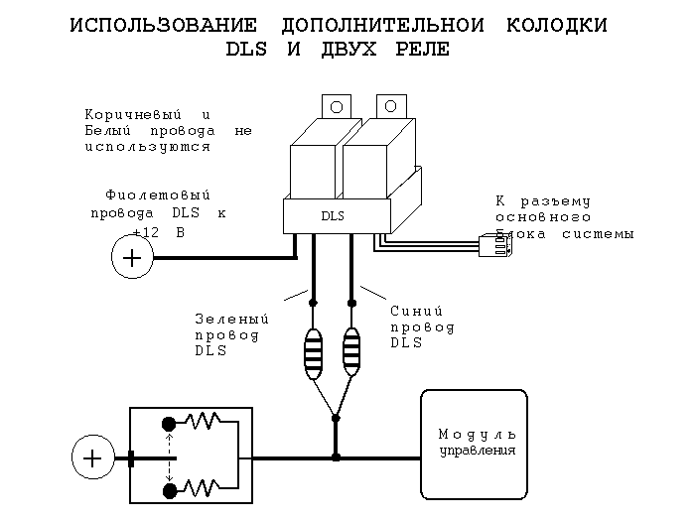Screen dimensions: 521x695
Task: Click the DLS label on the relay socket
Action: [333, 214]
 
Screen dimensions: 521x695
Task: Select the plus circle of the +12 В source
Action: [130, 259]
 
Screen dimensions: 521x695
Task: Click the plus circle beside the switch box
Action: [91, 458]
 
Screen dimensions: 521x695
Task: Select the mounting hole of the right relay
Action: [391, 106]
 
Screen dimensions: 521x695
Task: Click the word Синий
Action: [408, 310]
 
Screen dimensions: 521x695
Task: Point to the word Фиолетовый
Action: [158, 195]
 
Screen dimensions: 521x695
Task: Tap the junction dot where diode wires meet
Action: [336, 418]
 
